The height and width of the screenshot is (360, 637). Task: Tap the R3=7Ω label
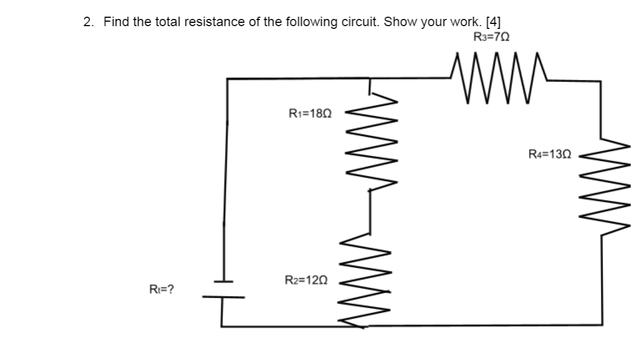[x=491, y=37]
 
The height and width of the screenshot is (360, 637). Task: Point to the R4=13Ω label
[x=550, y=154]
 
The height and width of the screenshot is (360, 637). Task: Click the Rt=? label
[x=161, y=289]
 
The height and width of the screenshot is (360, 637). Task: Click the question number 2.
[x=88, y=22]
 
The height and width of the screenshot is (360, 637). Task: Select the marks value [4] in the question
[x=493, y=22]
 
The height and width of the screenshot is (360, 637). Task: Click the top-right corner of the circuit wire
[x=600, y=82]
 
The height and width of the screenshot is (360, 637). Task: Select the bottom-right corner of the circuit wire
[x=601, y=324]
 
